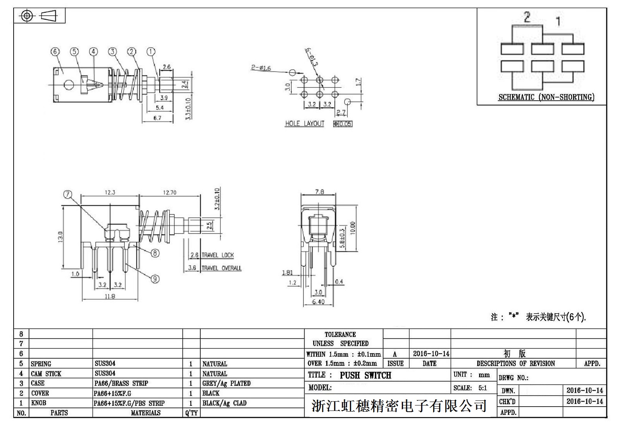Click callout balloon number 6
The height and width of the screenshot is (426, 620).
point(55,52)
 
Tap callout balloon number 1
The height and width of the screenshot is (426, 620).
point(151,52)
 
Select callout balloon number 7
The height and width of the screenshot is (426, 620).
point(68,194)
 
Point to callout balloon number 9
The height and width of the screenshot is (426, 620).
point(155,279)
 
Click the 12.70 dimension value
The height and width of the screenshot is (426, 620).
point(170,192)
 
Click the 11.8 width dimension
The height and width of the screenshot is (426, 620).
point(110,296)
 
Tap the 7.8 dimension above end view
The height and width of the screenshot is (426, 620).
point(319,192)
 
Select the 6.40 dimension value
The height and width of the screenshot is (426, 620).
point(318,302)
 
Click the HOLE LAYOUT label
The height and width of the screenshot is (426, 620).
point(305,124)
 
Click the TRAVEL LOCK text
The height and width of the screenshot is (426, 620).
point(218,255)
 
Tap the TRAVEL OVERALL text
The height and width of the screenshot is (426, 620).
point(221,268)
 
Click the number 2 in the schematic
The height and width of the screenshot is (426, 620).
point(527,17)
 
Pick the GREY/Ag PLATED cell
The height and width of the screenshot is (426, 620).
point(226,383)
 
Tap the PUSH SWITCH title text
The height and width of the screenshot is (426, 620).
point(365,375)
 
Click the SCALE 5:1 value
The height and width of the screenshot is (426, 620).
point(482,388)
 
